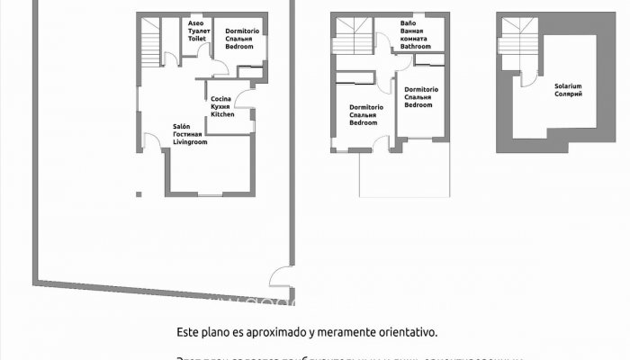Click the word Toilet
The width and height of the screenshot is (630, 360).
pos(197,39)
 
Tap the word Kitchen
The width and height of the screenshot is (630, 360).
pos(222,114)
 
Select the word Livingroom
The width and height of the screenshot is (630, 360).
pos(190,142)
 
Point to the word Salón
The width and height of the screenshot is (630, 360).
pos(181,127)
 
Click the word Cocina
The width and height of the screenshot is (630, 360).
pos(221,98)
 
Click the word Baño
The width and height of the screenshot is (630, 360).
pos(408,23)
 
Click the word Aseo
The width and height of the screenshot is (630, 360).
pos(195,22)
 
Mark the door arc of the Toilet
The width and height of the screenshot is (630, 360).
pos(170,60)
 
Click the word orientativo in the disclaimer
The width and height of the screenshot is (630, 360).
pos(400,332)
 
